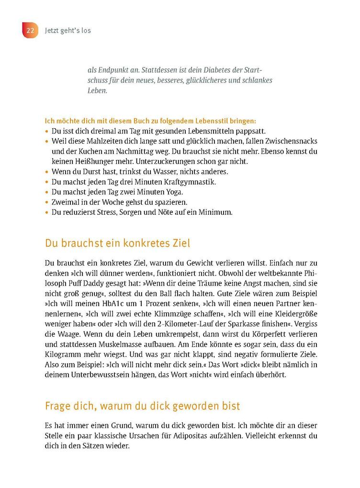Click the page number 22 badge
point(30,30)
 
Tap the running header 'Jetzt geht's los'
point(68,31)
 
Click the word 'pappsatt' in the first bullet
point(250,131)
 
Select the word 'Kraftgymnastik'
point(192,182)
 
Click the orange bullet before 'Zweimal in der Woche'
point(46,202)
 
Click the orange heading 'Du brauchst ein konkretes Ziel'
point(117,243)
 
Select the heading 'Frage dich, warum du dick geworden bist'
point(143,406)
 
